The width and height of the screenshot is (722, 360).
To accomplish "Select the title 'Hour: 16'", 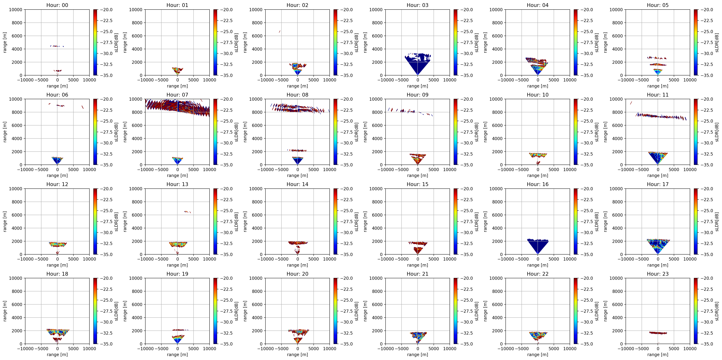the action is tap(538, 184).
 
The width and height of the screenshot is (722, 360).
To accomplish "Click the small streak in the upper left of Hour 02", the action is tap(279, 31).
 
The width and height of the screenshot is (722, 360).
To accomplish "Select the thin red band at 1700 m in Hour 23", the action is tap(658, 333).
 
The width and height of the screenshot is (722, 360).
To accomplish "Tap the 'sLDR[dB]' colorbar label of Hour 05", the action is tap(717, 43).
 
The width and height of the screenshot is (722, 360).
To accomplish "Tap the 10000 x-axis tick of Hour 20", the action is tap(330, 349).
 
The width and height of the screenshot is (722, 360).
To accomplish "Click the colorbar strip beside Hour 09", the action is tap(455, 132).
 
